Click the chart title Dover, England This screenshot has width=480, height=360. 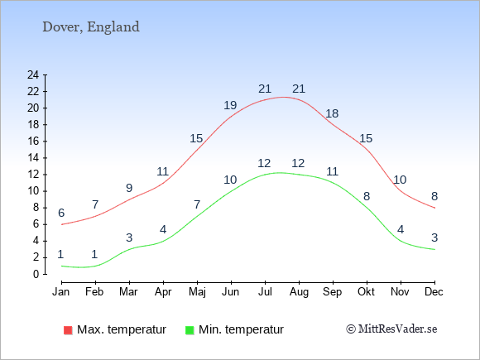(x=91, y=27)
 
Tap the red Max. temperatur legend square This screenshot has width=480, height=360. (x=68, y=330)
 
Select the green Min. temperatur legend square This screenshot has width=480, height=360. (x=190, y=330)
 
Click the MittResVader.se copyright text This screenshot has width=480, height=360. (x=391, y=329)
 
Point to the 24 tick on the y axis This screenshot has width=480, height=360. (x=33, y=74)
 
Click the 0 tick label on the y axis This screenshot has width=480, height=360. (x=36, y=274)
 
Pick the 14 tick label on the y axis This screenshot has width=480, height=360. (x=33, y=157)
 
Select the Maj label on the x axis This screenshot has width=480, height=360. (x=197, y=292)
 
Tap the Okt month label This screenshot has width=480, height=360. (x=366, y=291)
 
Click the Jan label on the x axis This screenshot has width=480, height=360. (x=61, y=291)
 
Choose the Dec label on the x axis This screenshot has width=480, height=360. (x=434, y=291)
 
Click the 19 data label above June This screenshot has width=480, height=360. (x=230, y=105)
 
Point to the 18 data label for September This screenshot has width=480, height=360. (x=332, y=113)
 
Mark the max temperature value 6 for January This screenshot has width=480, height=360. (x=61, y=213)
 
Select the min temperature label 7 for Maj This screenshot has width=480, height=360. (x=197, y=204)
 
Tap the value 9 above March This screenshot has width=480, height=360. (x=129, y=188)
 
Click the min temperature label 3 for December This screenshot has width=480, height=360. (x=434, y=238)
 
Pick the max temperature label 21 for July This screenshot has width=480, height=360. (x=265, y=89)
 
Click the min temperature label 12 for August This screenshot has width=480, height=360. (x=298, y=163)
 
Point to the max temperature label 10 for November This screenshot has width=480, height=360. (x=400, y=180)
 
